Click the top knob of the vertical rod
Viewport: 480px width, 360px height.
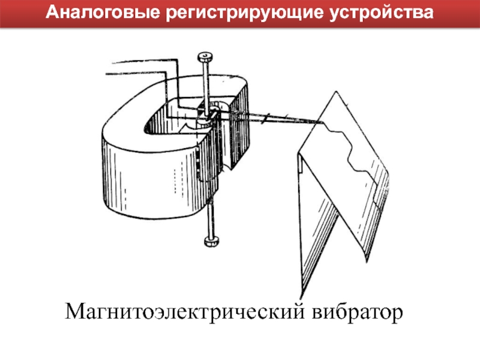coord(206,58)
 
